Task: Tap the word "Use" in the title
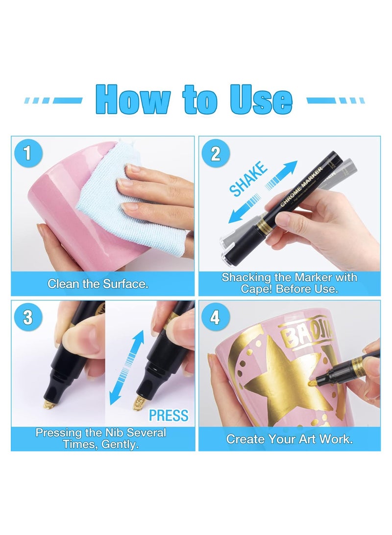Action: [262, 100]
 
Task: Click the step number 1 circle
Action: [27, 153]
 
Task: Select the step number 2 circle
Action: [215, 153]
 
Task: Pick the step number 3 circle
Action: [27, 317]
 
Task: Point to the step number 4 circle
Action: [215, 317]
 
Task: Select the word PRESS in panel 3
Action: [169, 415]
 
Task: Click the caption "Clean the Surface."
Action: [98, 284]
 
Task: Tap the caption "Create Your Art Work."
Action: [289, 439]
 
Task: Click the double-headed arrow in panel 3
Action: [126, 368]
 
